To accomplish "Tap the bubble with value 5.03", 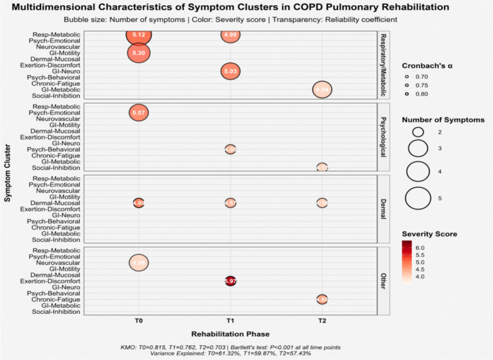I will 230,71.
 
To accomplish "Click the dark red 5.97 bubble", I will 230,281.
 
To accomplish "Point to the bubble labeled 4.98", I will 230,35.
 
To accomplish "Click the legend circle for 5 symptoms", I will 418,198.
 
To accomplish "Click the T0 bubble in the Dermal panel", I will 138,203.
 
